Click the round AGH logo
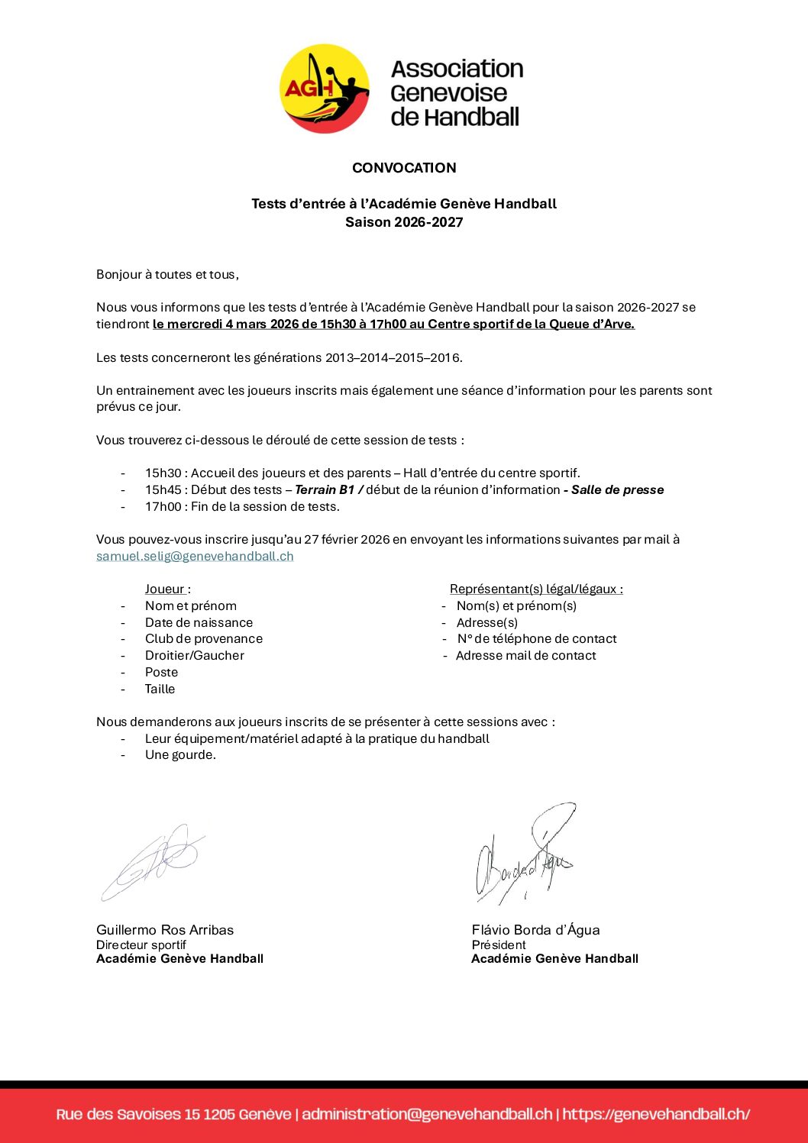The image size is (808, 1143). click(324, 89)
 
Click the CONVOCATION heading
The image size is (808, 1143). click(404, 168)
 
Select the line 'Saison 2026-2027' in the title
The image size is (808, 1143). click(404, 222)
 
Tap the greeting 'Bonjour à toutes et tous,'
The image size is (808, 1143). click(167, 274)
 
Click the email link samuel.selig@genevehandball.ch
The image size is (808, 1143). click(195, 556)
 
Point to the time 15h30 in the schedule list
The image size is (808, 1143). click(163, 473)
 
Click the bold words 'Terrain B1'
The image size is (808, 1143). click(325, 490)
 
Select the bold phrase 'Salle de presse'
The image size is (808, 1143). click(617, 490)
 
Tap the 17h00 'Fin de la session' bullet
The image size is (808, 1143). click(242, 507)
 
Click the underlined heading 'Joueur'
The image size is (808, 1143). click(165, 589)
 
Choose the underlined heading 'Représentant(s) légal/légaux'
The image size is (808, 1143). click(535, 589)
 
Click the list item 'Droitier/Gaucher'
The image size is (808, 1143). click(195, 656)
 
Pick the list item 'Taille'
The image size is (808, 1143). click(160, 689)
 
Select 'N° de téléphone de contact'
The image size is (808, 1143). click(537, 639)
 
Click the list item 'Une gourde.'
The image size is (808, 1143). click(180, 755)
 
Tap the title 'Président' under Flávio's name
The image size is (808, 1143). click(499, 945)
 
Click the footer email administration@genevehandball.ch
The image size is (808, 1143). click(427, 1114)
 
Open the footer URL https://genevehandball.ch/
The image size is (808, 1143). click(656, 1114)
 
